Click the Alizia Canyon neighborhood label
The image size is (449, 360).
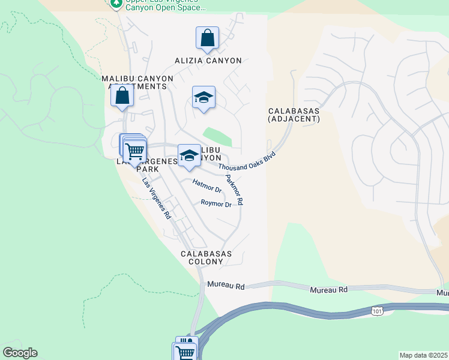click(208, 61)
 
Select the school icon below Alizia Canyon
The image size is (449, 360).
click(203, 98)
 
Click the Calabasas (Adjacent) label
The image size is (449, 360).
click(294, 115)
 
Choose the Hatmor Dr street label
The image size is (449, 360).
click(207, 185)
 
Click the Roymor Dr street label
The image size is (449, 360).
click(216, 204)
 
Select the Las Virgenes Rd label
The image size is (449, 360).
click(157, 199)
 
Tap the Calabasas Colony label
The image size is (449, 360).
click(206, 258)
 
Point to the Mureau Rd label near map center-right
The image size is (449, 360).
click(329, 290)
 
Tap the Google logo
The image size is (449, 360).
click(20, 353)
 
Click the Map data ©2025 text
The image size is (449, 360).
click(423, 355)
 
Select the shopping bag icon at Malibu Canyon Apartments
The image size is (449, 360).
click(122, 96)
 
